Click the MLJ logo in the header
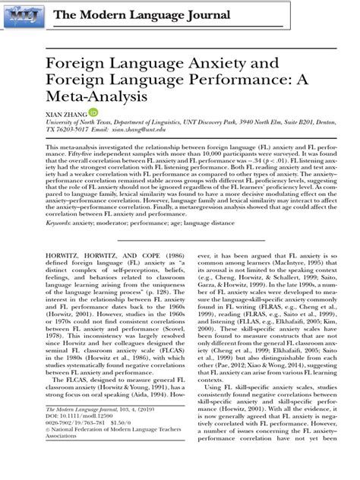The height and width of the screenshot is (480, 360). [25, 17]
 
